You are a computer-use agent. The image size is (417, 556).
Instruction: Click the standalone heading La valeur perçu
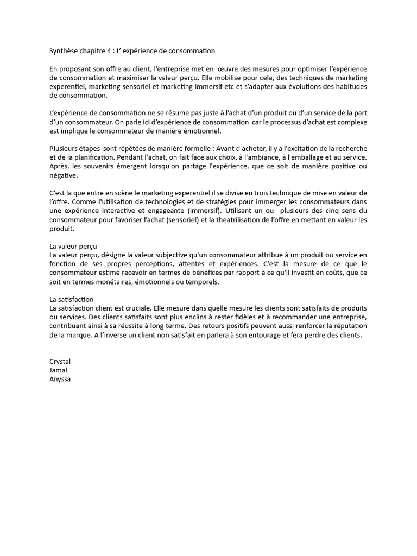pyautogui.click(x=73, y=246)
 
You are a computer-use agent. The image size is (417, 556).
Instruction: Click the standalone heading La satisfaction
pyautogui.click(x=72, y=299)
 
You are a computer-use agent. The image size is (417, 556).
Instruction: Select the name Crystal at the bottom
pyautogui.click(x=60, y=362)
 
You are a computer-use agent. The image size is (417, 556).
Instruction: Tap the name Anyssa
pyautogui.click(x=60, y=379)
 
